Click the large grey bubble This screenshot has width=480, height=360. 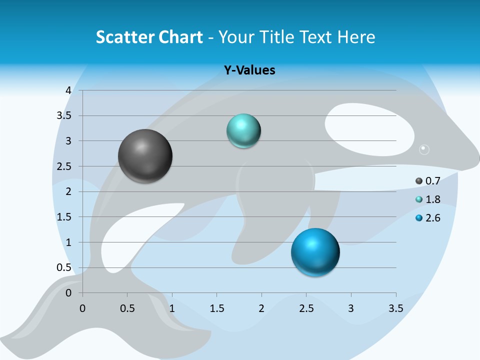(145, 156)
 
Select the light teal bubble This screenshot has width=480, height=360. (243, 131)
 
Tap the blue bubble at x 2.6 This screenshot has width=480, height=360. (315, 251)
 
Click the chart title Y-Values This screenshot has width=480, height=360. (249, 70)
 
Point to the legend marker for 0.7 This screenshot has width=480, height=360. (419, 180)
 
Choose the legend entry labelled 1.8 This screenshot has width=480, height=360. (432, 199)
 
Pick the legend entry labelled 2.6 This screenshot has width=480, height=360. (432, 218)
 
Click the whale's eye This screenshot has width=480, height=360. (424, 149)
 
